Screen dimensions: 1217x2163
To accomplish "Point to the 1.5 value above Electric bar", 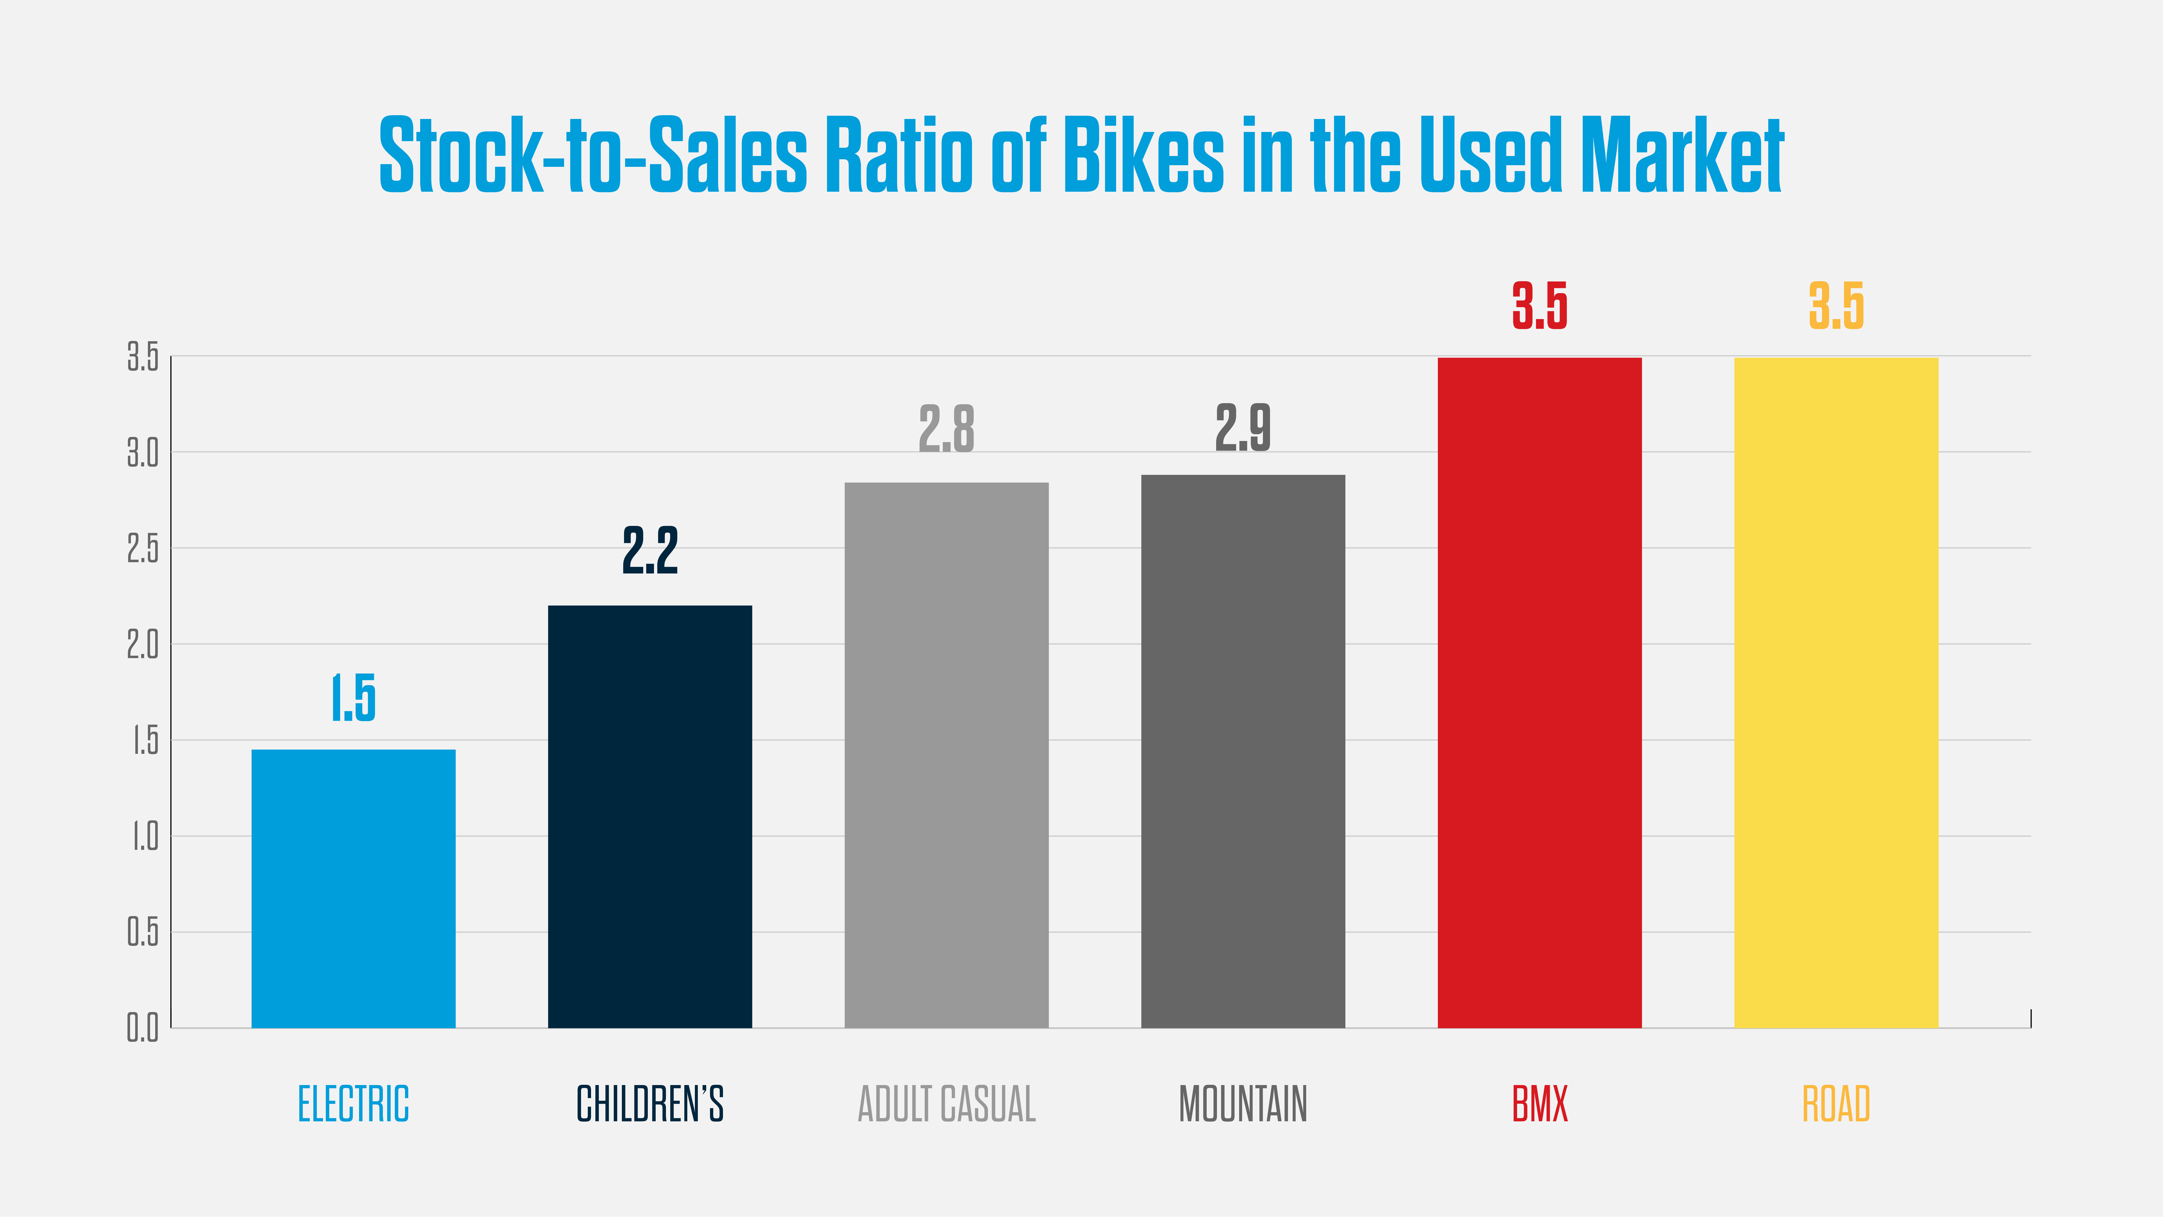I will point(353,698).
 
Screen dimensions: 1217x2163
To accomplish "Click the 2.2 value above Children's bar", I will point(650,551).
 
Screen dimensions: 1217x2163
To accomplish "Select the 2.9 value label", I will point(1243,427).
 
